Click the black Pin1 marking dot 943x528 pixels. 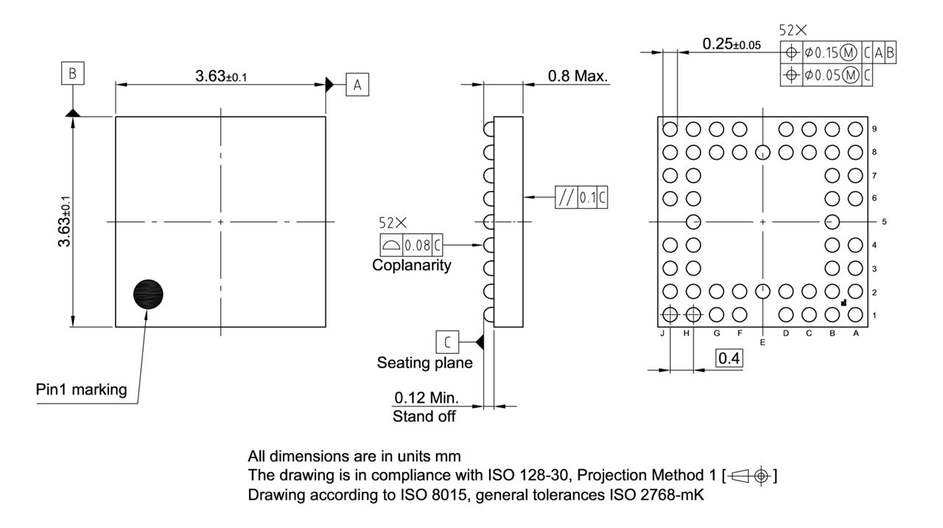(x=148, y=294)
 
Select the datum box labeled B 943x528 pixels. (x=73, y=74)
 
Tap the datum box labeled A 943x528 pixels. (x=357, y=85)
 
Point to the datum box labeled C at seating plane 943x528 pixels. (x=447, y=342)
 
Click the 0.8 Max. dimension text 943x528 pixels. (x=578, y=76)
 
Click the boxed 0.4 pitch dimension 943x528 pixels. (x=730, y=359)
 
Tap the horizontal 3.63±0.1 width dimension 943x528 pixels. (x=221, y=77)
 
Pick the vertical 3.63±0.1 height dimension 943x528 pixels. (x=66, y=222)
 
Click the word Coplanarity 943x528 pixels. (x=412, y=265)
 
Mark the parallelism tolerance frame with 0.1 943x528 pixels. (x=582, y=198)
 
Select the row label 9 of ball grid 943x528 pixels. (x=874, y=129)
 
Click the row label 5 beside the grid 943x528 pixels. (x=874, y=221)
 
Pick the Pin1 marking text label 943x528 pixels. (x=81, y=390)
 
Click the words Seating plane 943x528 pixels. (x=425, y=363)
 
